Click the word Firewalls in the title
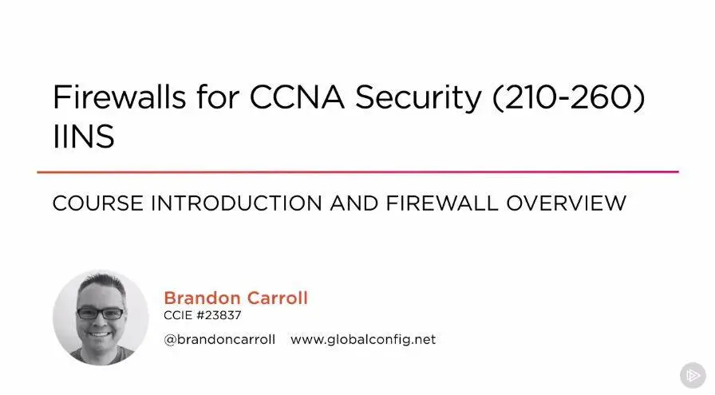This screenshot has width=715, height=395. (120, 97)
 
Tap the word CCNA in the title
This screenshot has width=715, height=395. (297, 97)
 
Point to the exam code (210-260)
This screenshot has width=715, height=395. (569, 97)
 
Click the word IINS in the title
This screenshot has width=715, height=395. (84, 136)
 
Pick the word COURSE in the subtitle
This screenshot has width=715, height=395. (98, 203)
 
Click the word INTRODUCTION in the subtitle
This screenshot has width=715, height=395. (237, 203)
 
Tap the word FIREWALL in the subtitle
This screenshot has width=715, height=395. (442, 203)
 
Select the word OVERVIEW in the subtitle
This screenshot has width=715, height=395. (567, 203)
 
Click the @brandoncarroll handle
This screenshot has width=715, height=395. (219, 339)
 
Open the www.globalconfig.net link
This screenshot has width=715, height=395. (363, 340)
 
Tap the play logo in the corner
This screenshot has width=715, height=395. (693, 375)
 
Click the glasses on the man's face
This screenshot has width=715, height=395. (100, 314)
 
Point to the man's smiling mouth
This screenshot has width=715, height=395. (100, 334)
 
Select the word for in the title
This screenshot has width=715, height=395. (218, 97)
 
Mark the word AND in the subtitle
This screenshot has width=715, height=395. (354, 203)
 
